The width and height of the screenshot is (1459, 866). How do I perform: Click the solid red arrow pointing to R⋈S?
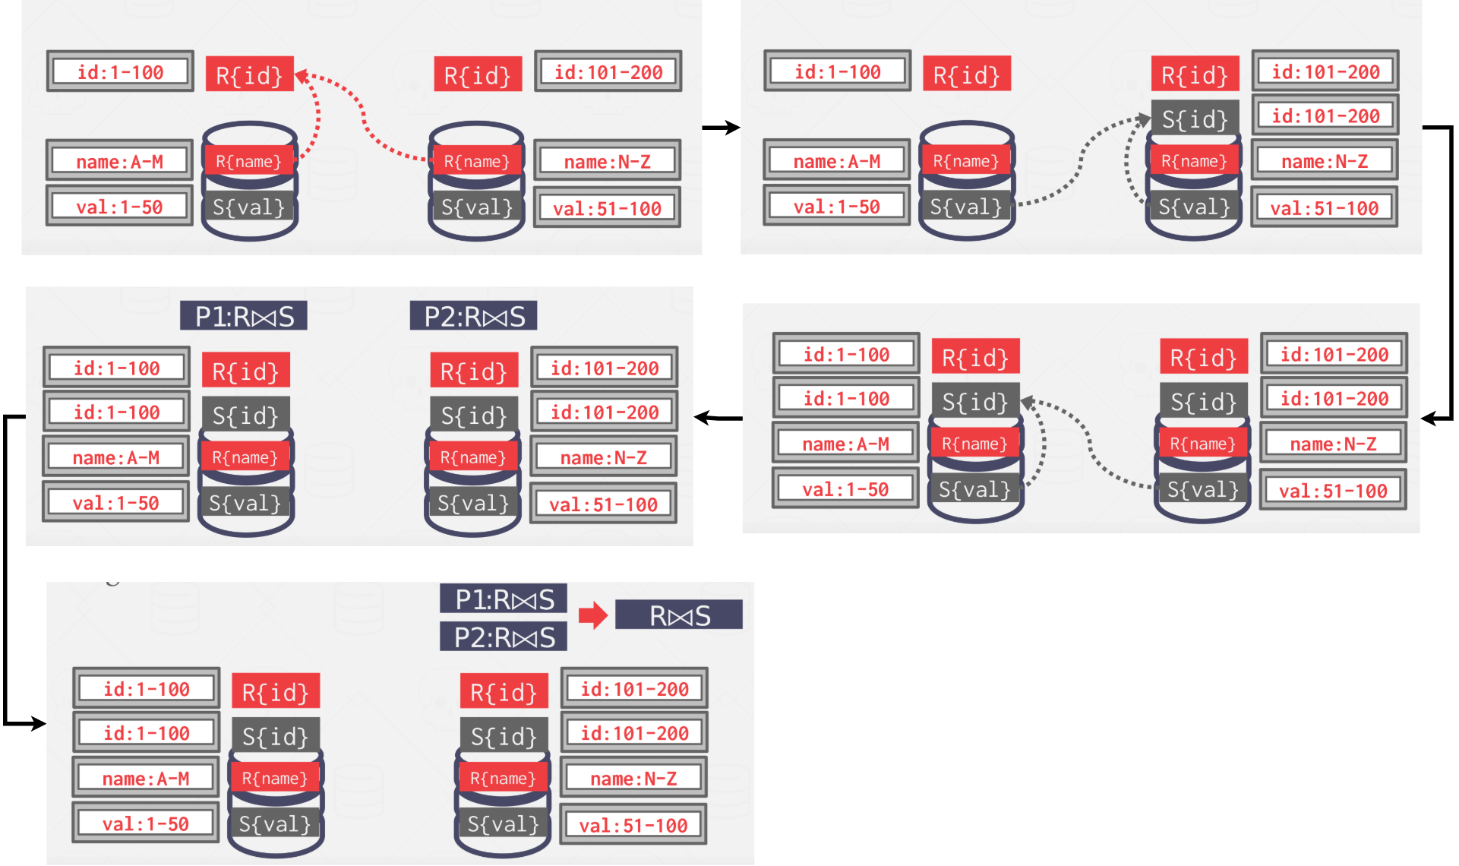coord(592,615)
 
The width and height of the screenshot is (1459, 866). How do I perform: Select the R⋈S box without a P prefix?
coord(678,615)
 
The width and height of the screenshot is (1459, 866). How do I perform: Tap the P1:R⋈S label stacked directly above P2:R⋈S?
coord(503,599)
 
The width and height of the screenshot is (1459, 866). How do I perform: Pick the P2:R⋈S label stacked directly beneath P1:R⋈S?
coord(503,637)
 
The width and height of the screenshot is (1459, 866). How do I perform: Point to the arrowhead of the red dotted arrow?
coord(302,76)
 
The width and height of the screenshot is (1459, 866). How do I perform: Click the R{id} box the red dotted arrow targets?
coord(249,74)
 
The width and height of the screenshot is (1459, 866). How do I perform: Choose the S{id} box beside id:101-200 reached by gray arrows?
coord(1195,119)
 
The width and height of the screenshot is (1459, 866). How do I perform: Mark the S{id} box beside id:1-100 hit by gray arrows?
coord(975,401)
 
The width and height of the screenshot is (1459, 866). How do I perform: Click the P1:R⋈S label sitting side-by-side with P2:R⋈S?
coord(243,316)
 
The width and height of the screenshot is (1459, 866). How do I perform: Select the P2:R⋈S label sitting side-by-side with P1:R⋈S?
coord(473,316)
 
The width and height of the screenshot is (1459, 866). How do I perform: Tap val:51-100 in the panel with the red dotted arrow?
coord(607,208)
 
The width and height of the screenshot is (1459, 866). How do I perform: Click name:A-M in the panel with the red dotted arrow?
coord(119,161)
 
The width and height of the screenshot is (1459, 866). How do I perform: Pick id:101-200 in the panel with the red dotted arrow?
coord(608,72)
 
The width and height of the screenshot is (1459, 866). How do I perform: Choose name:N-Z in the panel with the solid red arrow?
coord(633,778)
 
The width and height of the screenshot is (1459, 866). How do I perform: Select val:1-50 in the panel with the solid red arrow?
coord(145,823)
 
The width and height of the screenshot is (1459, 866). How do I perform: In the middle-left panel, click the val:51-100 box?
coord(603,504)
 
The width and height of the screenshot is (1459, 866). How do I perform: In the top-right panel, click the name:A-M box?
coord(836,161)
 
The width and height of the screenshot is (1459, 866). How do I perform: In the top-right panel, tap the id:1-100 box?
coord(837,72)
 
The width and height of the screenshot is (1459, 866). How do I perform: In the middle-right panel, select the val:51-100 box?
coord(1333,491)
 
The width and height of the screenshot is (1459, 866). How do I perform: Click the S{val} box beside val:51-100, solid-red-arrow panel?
coord(503,824)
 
